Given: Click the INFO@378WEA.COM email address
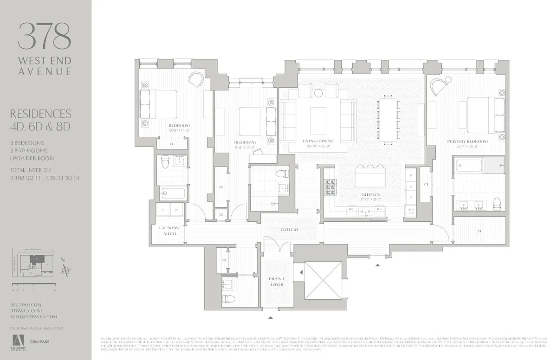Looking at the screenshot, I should click(x=33, y=316).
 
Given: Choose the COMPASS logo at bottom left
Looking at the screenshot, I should click(x=40, y=341).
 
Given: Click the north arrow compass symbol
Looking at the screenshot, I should click(x=68, y=270).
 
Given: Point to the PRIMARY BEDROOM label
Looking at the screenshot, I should click(x=467, y=141).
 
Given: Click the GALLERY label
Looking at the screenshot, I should click(x=289, y=230).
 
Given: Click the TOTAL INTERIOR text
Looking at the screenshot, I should click(x=31, y=170).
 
